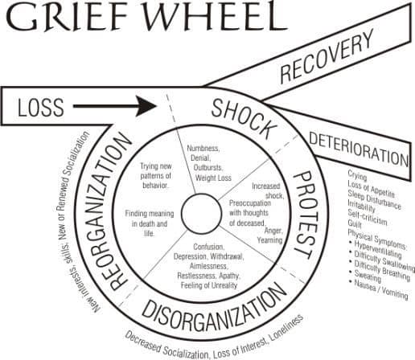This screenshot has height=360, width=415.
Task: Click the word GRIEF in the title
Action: pos(67,16)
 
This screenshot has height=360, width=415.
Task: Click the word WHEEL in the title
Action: pos(216,15)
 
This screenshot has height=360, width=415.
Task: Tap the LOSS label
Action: pos(41,107)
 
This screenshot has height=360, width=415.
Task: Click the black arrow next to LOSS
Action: pos(115,106)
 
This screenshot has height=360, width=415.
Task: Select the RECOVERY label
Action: pos(327,56)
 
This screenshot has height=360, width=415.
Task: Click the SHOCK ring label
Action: pos(244,119)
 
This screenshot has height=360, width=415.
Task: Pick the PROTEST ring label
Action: pos(306,215)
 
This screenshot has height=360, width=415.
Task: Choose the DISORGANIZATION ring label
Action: pos(214,308)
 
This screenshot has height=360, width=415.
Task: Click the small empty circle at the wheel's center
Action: pos(202,214)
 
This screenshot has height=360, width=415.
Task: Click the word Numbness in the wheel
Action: pos(203,149)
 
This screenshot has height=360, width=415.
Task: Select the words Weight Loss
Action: pos(213,178)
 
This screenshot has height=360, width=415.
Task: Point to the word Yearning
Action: pos(269,240)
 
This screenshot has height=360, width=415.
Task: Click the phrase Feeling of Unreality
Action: pos(209,285)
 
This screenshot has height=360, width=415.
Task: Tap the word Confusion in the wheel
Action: pos(208,247)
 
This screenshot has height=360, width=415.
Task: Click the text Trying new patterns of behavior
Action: pos(156,176)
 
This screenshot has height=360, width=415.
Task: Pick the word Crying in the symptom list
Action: pos(357,176)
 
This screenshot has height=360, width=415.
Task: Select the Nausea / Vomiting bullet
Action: pos(379,289)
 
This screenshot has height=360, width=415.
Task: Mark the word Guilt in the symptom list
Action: pos(355,223)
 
